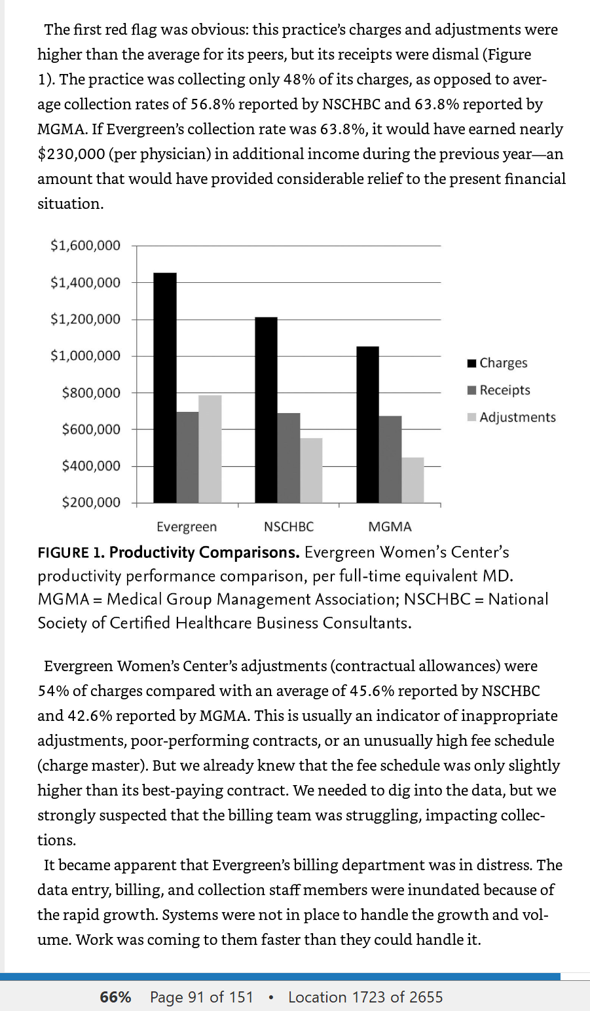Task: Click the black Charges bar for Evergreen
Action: [x=165, y=388]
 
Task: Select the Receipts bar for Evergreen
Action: [x=187, y=457]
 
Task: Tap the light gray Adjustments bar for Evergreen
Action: [x=210, y=449]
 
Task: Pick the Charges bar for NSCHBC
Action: [x=267, y=410]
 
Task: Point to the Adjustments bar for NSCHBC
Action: [x=311, y=470]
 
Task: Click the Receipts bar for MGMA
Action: [x=390, y=460]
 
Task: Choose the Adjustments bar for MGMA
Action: [x=413, y=480]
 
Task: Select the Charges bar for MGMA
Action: [x=368, y=425]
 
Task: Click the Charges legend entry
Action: [x=498, y=363]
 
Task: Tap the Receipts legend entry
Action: [x=499, y=390]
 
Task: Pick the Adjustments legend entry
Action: [x=511, y=417]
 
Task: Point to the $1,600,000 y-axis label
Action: [x=85, y=246]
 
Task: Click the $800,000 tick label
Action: [x=91, y=393]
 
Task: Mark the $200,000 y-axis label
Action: [x=91, y=502]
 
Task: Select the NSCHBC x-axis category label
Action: [x=289, y=526]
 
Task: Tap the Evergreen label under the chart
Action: [x=187, y=527]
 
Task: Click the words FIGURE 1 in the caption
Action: [x=71, y=553]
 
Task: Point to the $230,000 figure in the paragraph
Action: [x=71, y=155]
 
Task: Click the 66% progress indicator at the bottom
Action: [x=115, y=997]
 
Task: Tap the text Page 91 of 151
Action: [x=201, y=997]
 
